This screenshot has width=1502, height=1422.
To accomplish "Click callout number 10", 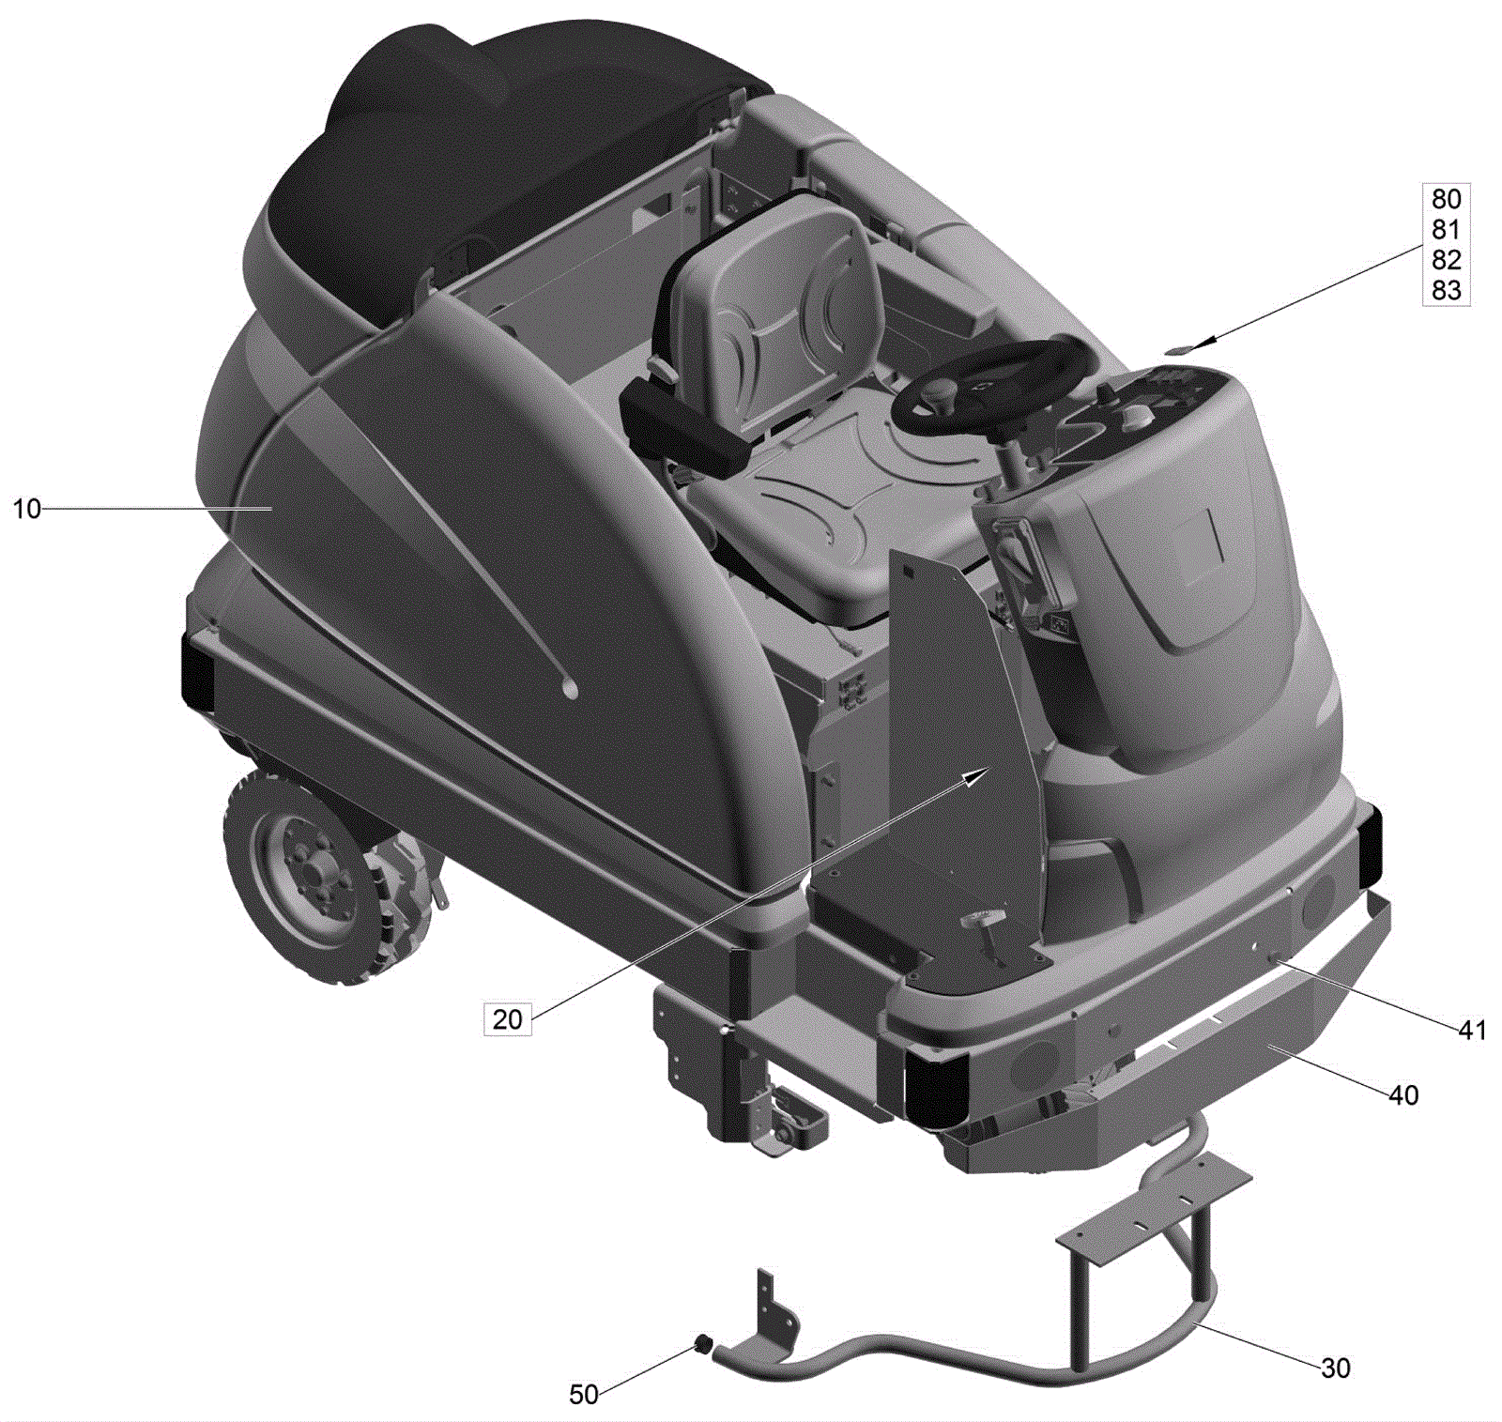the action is pyautogui.click(x=26, y=509).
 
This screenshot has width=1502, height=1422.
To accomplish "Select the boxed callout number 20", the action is pyautogui.click(x=507, y=1018).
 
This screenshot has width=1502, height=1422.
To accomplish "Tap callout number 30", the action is pyautogui.click(x=1335, y=1368).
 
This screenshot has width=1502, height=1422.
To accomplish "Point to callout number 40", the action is pyautogui.click(x=1402, y=1094).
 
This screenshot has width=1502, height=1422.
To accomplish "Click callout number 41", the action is pyautogui.click(x=1471, y=1030).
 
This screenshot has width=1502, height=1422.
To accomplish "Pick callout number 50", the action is pyautogui.click(x=583, y=1394).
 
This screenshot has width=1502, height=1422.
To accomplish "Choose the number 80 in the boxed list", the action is pyautogui.click(x=1446, y=199).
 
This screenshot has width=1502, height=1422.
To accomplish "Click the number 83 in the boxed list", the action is pyautogui.click(x=1446, y=290).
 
